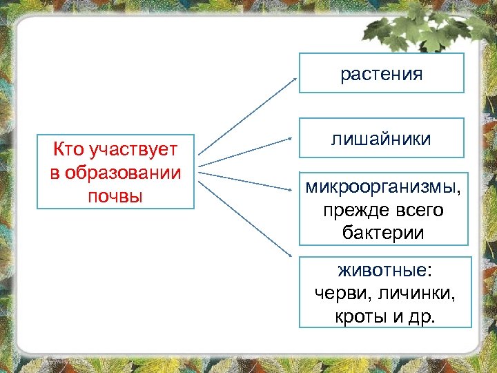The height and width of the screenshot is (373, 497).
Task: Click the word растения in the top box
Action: [x=381, y=75]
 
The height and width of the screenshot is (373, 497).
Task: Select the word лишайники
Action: [x=381, y=139]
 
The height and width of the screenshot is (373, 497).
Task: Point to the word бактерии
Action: [x=383, y=233]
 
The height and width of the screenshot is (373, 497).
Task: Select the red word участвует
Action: [x=134, y=150]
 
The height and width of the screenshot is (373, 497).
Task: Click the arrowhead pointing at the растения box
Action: [x=295, y=79]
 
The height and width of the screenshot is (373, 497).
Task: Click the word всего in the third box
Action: [x=419, y=210]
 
